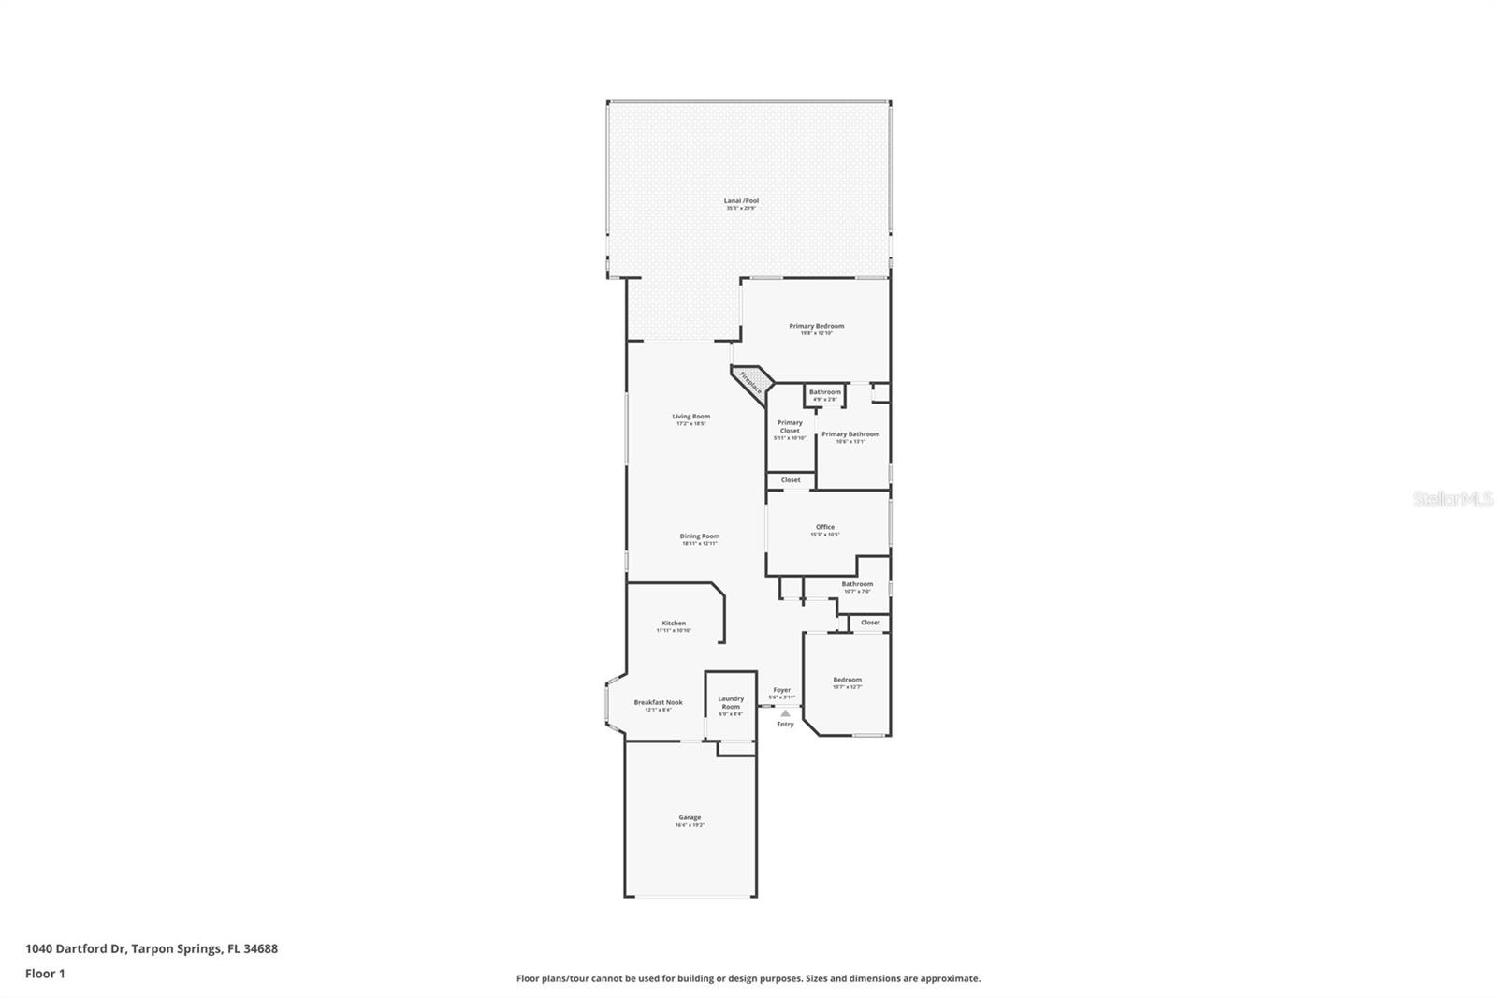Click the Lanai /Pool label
(x=741, y=201)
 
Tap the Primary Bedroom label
(x=816, y=327)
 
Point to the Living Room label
(x=690, y=417)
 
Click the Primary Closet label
(x=790, y=427)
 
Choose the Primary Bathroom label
(x=850, y=434)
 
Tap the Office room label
(x=824, y=527)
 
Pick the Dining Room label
(x=699, y=536)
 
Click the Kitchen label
(x=674, y=624)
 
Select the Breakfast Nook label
(x=658, y=702)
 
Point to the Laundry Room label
(x=731, y=702)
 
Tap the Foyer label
(x=781, y=691)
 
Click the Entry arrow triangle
(x=785, y=713)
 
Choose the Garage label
(x=690, y=817)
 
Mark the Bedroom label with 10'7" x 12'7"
(x=847, y=680)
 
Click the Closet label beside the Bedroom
(x=870, y=623)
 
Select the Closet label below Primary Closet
(x=791, y=480)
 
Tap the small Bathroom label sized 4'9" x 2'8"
(x=824, y=392)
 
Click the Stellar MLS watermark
(x=1452, y=500)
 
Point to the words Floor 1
(x=45, y=974)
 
